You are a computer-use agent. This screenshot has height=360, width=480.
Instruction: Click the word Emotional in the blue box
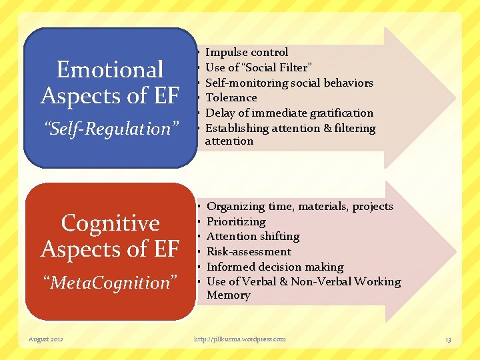[110, 70]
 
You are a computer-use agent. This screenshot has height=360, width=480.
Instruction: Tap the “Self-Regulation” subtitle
[110, 129]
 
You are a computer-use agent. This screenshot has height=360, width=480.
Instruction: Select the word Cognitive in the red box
[110, 223]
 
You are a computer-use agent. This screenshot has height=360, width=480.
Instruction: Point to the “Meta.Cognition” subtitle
[110, 283]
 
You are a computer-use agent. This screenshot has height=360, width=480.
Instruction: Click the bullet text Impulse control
[247, 52]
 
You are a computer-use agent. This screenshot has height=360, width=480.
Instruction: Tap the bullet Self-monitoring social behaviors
[289, 83]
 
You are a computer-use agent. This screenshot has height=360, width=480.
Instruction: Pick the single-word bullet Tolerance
[231, 97]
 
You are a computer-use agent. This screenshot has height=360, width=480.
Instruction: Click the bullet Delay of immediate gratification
[289, 113]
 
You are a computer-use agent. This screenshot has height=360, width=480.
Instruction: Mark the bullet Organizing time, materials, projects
[300, 207]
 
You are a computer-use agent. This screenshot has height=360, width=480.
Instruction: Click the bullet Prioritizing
[236, 221]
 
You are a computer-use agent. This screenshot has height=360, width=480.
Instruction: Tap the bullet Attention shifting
[253, 237]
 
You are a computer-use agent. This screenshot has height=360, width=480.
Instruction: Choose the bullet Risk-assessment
[249, 252]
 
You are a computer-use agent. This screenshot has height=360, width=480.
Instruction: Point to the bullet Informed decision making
[275, 267]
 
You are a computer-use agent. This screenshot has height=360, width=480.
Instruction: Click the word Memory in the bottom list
[229, 295]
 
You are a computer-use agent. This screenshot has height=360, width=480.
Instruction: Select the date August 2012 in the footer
[47, 339]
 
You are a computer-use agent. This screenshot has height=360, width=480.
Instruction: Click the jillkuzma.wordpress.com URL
[239, 339]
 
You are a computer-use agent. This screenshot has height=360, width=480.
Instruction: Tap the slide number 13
[448, 340]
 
